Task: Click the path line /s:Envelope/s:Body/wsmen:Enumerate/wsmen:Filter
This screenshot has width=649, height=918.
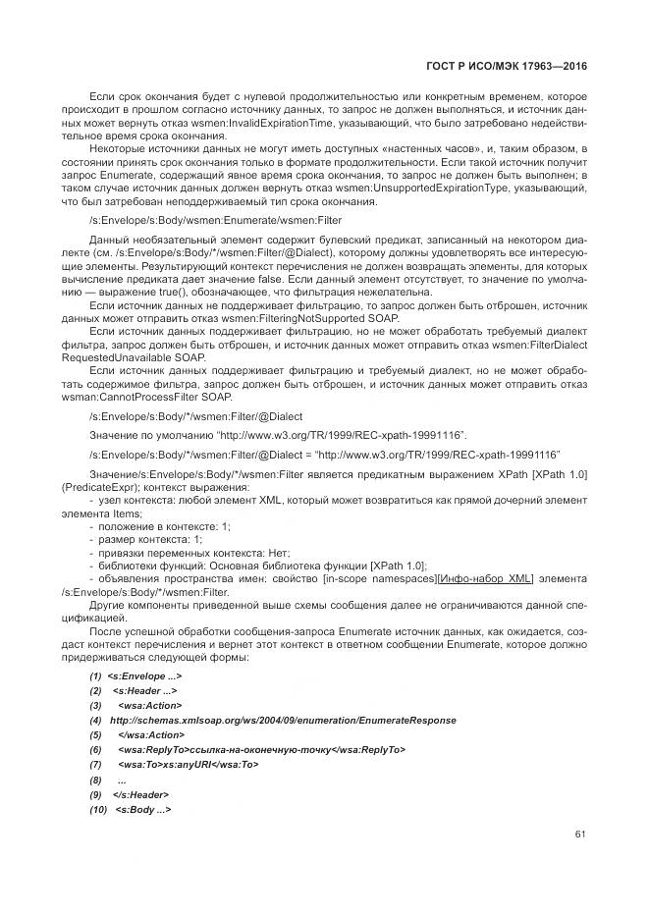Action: coord(215,221)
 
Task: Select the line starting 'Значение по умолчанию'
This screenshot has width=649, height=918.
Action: coord(278,434)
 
